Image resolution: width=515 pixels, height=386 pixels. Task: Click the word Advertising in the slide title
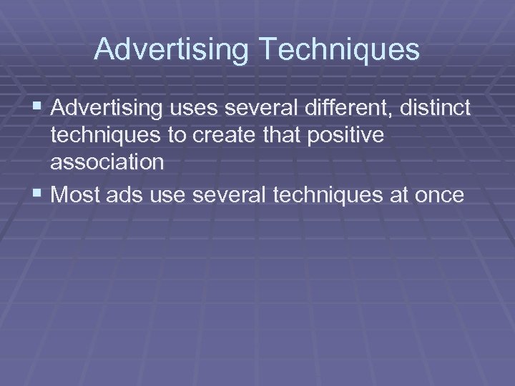[x=171, y=49]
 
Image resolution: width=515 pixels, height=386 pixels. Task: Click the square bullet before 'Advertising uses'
[x=38, y=109]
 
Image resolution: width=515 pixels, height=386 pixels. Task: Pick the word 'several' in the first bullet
[x=258, y=109]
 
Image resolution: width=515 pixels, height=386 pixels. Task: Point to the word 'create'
[x=231, y=136]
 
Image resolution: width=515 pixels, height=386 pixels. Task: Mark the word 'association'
[x=107, y=162]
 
